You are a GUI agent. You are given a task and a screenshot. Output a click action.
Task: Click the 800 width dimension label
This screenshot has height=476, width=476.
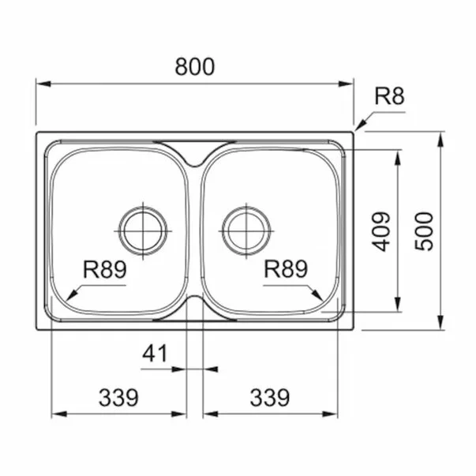click(x=195, y=67)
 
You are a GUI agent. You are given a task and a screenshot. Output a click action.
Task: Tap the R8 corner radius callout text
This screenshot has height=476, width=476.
click(x=389, y=96)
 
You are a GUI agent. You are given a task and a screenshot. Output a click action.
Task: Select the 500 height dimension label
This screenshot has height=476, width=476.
click(x=424, y=231)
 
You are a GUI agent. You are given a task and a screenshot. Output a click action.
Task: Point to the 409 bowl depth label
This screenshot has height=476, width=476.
click(x=380, y=231)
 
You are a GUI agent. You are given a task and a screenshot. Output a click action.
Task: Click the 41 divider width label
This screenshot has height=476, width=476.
click(x=155, y=354)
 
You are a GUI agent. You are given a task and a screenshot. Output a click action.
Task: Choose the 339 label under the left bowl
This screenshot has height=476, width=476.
click(x=118, y=397)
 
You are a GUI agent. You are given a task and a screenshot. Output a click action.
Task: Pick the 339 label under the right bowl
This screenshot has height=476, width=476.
click(x=269, y=397)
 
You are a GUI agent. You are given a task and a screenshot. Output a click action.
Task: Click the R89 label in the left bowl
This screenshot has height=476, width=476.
click(x=104, y=269)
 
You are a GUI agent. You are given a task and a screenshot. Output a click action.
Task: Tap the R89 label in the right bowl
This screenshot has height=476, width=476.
click(x=286, y=269)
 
